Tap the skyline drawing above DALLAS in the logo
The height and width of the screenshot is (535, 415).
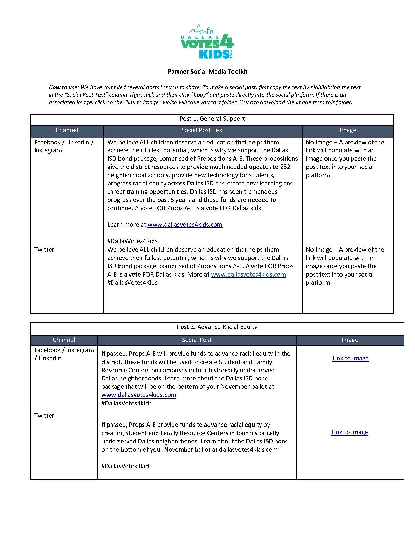click(x=201, y=30)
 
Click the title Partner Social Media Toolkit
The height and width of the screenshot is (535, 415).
click(x=207, y=72)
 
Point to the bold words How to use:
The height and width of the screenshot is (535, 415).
click(x=64, y=87)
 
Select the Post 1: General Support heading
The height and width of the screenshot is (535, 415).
click(x=212, y=119)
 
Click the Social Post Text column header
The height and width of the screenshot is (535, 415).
click(x=203, y=130)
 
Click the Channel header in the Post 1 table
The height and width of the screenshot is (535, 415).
click(x=67, y=130)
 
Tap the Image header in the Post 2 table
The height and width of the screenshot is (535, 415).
click(x=350, y=340)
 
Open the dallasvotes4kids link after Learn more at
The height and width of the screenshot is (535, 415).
click(x=185, y=225)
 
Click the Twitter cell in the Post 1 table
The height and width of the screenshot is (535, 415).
click(x=44, y=250)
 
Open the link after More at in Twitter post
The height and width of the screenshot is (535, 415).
click(x=248, y=275)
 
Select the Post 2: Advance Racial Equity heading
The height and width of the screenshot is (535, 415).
click(x=217, y=327)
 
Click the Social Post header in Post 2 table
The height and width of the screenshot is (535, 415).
click(x=197, y=340)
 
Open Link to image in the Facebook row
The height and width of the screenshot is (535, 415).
click(x=350, y=358)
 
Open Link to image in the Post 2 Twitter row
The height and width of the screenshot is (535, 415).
click(x=350, y=432)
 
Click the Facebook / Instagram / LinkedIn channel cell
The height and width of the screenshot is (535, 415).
click(x=64, y=354)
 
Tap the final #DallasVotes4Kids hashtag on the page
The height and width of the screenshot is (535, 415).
click(x=126, y=466)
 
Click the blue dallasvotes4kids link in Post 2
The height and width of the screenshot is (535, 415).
click(x=139, y=395)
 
